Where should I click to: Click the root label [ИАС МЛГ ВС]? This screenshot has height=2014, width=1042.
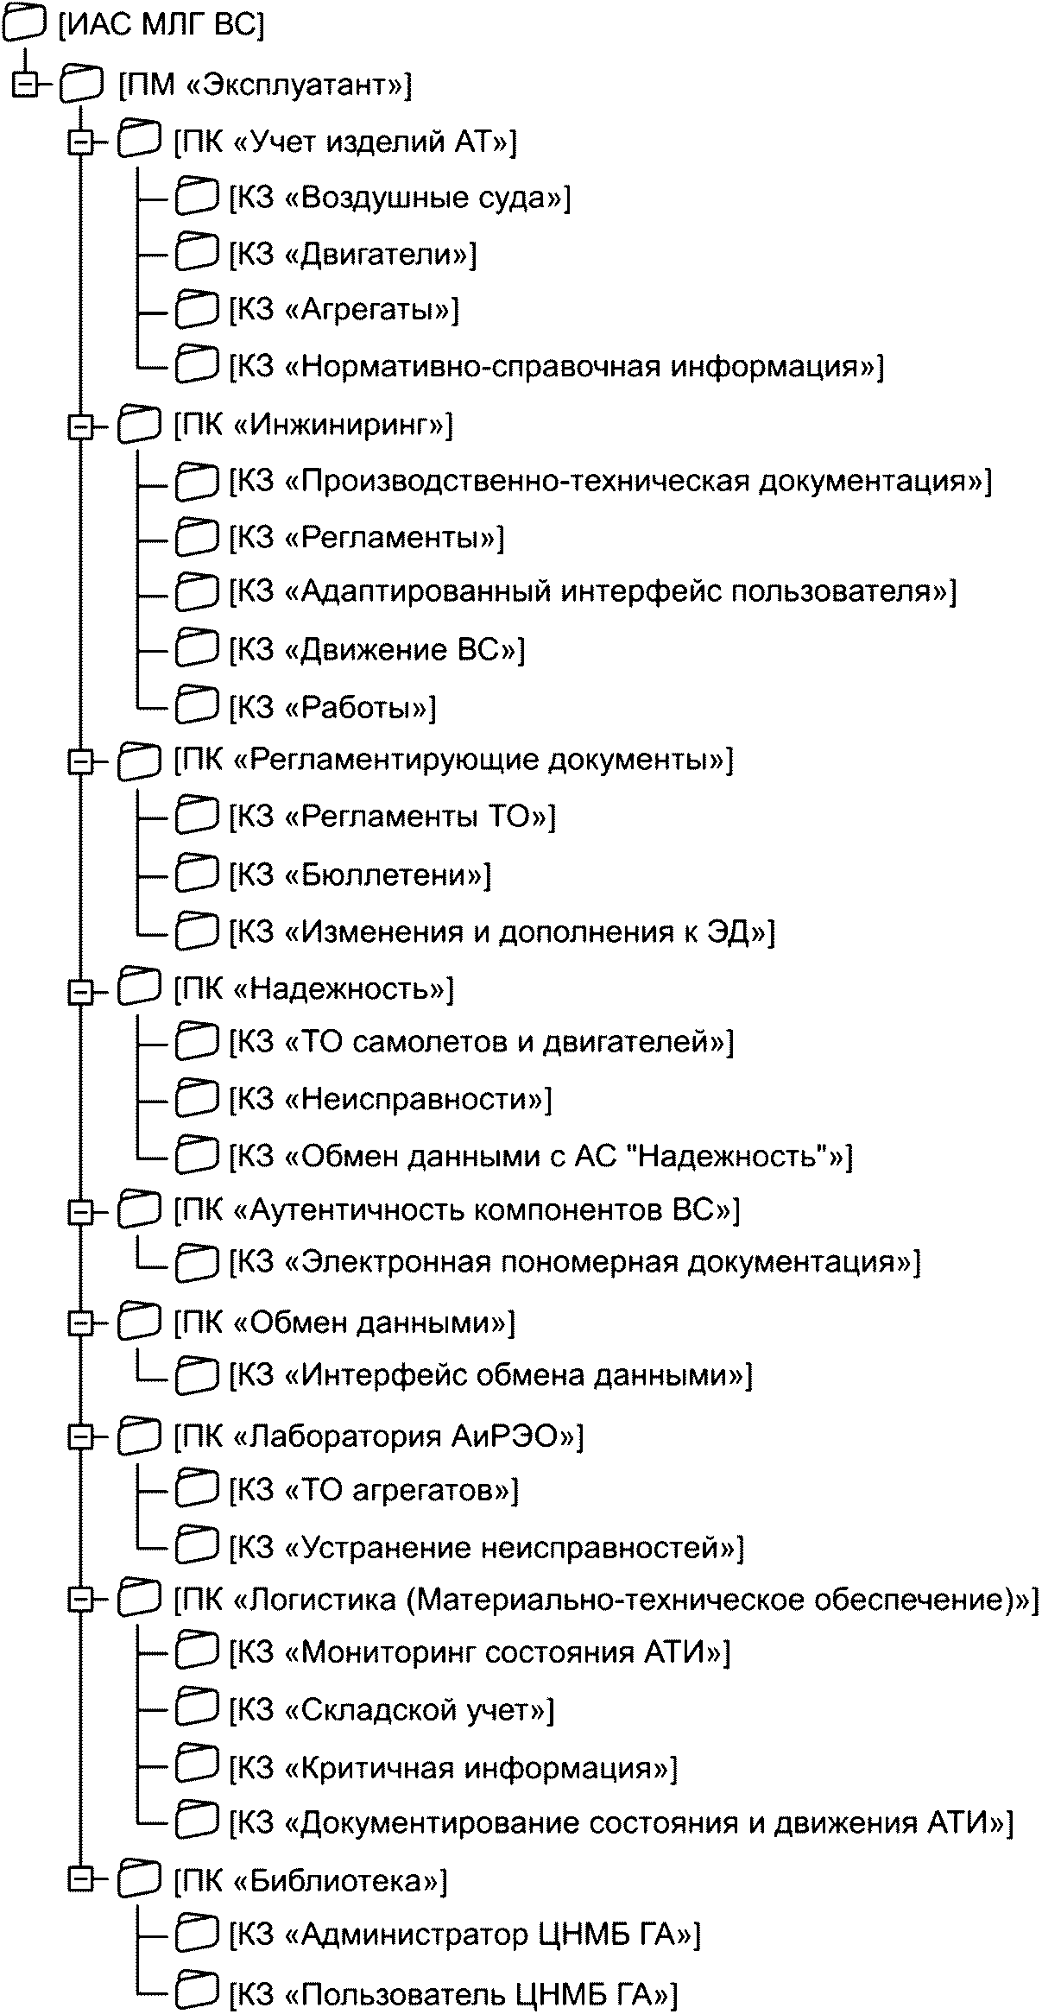pos(161,26)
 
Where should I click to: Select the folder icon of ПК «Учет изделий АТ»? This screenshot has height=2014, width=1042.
pos(138,140)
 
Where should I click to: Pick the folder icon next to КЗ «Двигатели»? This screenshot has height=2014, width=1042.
pos(197,254)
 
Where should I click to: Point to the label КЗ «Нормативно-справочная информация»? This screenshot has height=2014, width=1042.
pos(556,367)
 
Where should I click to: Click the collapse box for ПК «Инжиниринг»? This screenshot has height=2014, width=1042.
pos(80,426)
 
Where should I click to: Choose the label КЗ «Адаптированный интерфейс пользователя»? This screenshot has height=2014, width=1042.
pos(593,592)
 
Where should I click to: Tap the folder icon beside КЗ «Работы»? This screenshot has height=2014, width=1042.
pos(197,705)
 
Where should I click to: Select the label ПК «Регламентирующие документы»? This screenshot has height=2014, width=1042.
pos(453,761)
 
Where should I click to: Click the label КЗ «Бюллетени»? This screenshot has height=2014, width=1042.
pos(360,875)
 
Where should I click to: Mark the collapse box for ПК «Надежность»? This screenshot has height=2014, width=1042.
pos(80,991)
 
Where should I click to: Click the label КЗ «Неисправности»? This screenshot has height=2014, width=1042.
pos(390,1100)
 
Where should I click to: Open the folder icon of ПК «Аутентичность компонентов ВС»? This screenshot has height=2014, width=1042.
pos(138,1209)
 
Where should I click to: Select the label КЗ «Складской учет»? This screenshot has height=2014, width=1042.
pos(392,1710)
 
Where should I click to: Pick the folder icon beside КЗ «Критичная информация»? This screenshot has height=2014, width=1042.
pos(197,1767)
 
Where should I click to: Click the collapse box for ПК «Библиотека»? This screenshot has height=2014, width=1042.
pos(80,1880)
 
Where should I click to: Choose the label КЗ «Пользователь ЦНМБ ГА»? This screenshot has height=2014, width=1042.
pos(454,1993)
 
